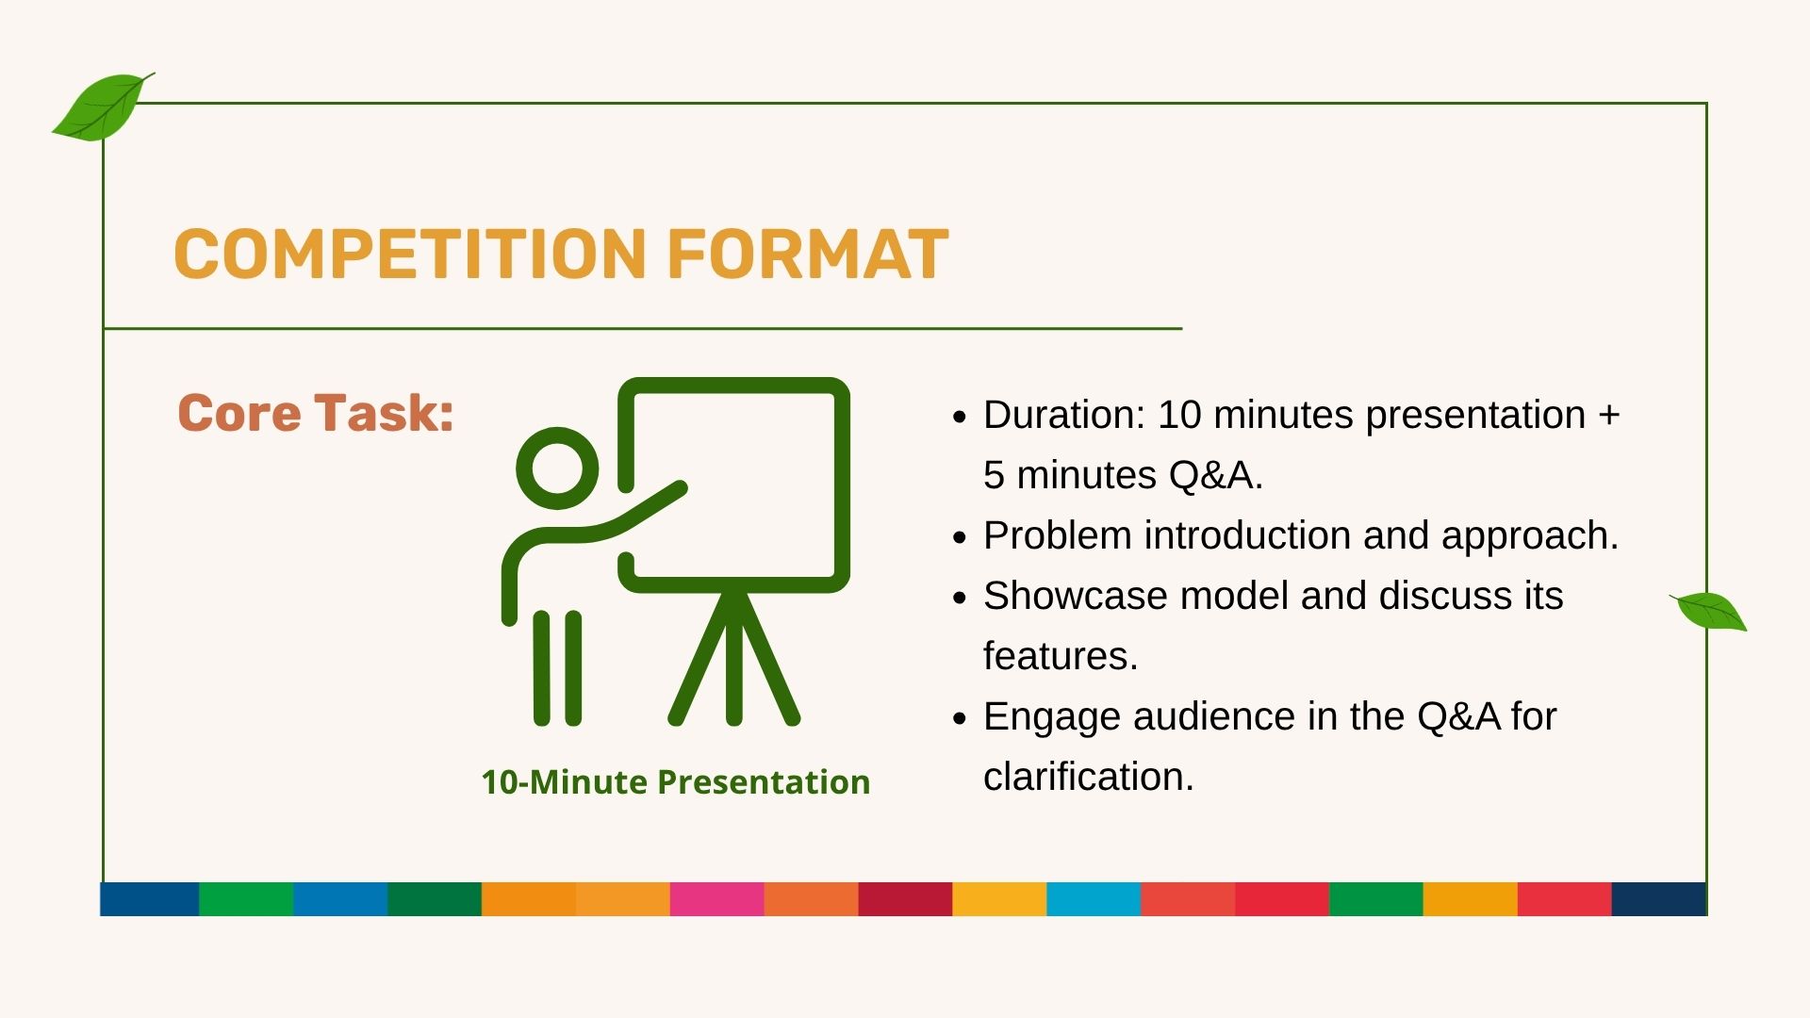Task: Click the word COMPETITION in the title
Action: [409, 254]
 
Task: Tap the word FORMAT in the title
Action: [807, 254]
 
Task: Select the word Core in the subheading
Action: [239, 414]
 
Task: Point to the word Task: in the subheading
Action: [384, 414]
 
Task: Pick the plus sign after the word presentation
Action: [1608, 416]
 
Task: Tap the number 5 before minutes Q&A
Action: [994, 475]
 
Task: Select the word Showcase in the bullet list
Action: [1076, 596]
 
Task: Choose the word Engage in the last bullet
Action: [1052, 717]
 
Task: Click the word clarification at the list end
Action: [1088, 777]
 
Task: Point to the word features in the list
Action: [1060, 656]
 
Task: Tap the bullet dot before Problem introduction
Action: [960, 537]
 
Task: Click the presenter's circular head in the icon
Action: [557, 468]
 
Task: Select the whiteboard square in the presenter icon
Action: [734, 385]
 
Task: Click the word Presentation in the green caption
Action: [764, 783]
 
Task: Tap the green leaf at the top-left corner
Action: [102, 107]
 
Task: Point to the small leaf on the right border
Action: [1708, 611]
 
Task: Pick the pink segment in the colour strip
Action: [716, 899]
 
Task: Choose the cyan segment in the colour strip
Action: [1094, 899]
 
